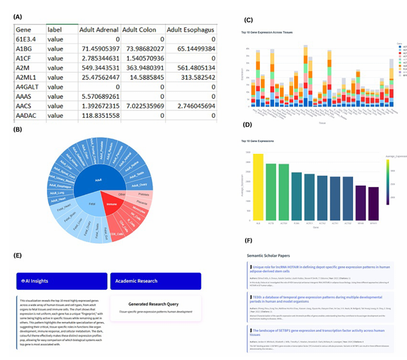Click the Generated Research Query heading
click(155, 304)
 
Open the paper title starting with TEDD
click(317, 296)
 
